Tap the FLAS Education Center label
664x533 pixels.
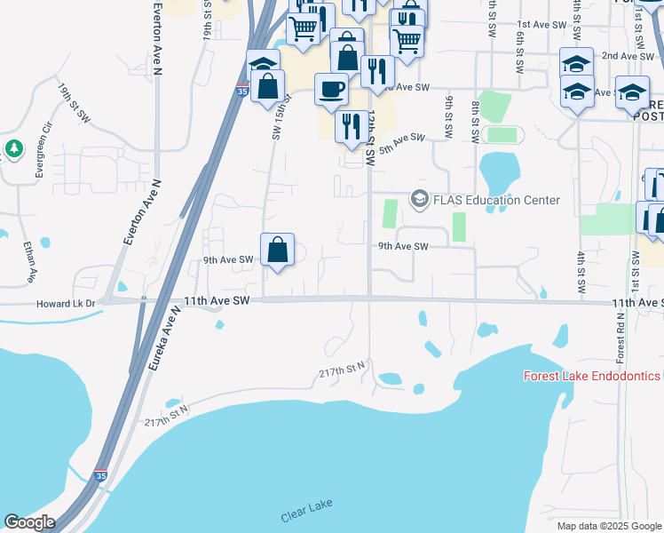pos(497,200)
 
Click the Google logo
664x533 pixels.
pos(29,522)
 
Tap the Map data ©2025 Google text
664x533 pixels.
pos(608,526)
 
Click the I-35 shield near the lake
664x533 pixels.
pos(100,476)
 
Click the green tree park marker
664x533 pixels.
pos(12,148)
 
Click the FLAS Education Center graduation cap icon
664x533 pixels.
pos(419,200)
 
